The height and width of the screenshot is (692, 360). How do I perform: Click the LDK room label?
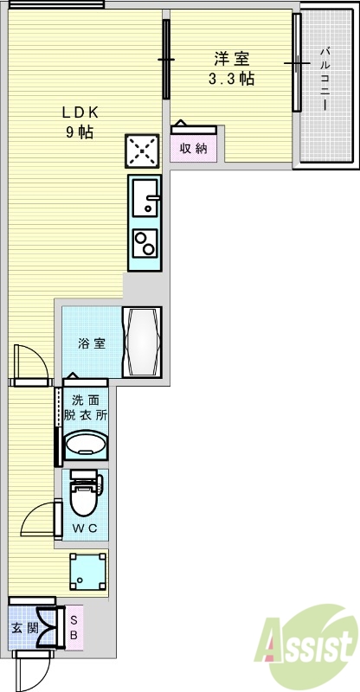[80, 112]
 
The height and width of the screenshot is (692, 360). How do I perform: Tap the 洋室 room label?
[232, 60]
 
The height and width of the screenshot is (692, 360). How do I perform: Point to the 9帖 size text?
[80, 132]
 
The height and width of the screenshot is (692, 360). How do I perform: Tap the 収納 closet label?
[194, 148]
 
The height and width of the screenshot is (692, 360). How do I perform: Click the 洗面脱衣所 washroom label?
[85, 407]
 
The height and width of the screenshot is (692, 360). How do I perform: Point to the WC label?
[84, 528]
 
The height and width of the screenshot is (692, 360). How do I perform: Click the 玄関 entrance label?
[23, 628]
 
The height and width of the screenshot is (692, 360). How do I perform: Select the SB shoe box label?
[74, 628]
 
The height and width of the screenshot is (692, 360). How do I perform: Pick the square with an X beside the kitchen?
[143, 152]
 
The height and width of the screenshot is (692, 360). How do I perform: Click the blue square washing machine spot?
[88, 571]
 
